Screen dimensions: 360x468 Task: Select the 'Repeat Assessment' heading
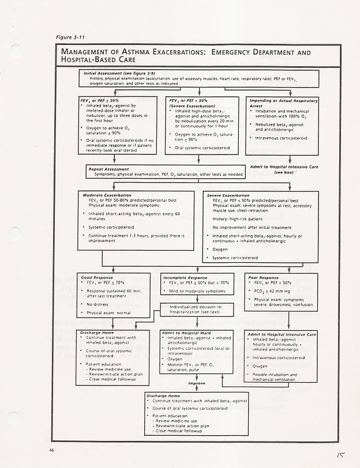108,169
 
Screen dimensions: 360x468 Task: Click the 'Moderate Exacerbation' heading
107,195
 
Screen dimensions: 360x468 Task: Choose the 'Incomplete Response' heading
185,277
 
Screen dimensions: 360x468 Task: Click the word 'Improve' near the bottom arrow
197,383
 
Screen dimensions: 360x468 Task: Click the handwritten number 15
341,454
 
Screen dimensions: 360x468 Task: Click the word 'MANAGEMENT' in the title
87,53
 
